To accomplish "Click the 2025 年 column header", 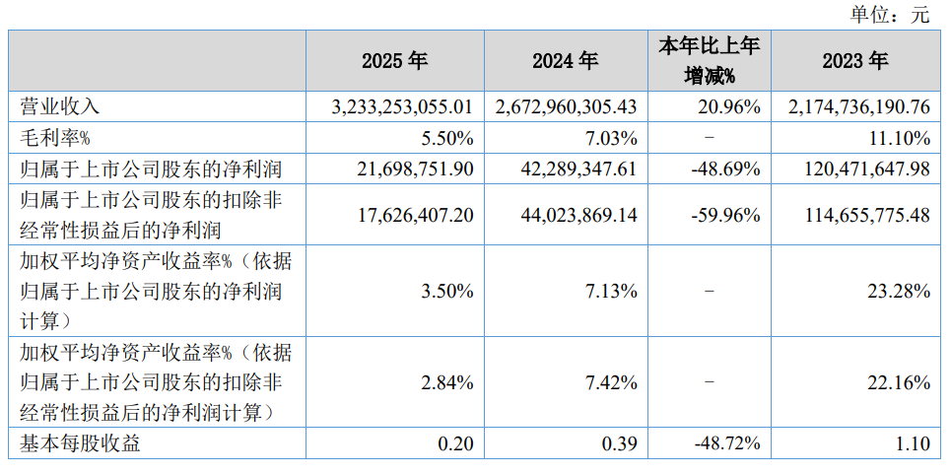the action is pyautogui.click(x=395, y=61).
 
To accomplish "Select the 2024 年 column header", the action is pyautogui.click(x=566, y=61).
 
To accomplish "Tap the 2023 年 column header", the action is pyautogui.click(x=855, y=61).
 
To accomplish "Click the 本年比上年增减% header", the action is pyautogui.click(x=710, y=61).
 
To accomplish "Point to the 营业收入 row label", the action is pyautogui.click(x=59, y=107).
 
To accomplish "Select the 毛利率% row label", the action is pyautogui.click(x=55, y=139).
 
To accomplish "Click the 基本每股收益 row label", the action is pyautogui.click(x=80, y=443).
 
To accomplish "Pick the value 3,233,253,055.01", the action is pyautogui.click(x=401, y=107).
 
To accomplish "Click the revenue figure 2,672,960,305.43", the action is pyautogui.click(x=567, y=107).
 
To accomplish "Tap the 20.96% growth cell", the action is pyautogui.click(x=729, y=107).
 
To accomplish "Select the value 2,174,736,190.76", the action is pyautogui.click(x=858, y=107).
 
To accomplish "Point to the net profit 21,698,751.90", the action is pyautogui.click(x=415, y=169).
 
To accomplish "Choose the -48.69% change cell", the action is pyautogui.click(x=726, y=169).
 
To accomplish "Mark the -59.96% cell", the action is pyautogui.click(x=726, y=216).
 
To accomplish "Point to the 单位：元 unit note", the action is pyautogui.click(x=889, y=15).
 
